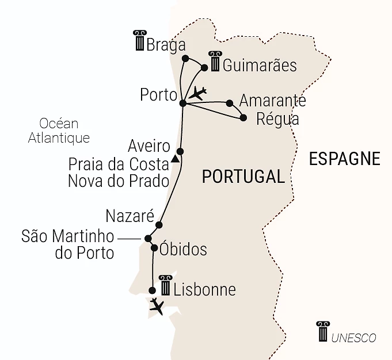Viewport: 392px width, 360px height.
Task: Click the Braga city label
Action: (x=166, y=45)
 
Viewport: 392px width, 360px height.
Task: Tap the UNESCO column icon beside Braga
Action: (x=139, y=41)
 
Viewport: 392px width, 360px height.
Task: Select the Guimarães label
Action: (x=260, y=65)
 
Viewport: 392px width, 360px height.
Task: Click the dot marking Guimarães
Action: (x=204, y=68)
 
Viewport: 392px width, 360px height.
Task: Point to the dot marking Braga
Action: (x=185, y=58)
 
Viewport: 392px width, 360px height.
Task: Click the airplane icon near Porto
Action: (x=198, y=93)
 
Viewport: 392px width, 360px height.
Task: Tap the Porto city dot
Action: (x=182, y=104)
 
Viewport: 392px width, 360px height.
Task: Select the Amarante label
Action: (x=272, y=101)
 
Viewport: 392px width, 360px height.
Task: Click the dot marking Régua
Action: (x=243, y=118)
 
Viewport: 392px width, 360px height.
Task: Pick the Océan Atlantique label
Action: (x=59, y=131)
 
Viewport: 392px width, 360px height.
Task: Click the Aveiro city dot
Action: (x=180, y=151)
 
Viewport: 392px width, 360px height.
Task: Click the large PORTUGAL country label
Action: (x=243, y=177)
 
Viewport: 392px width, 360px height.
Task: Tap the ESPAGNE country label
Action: (x=344, y=158)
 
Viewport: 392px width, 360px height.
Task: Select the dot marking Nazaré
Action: (x=159, y=225)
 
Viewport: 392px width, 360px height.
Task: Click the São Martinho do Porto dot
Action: (x=148, y=238)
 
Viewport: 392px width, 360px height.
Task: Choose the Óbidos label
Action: (x=184, y=250)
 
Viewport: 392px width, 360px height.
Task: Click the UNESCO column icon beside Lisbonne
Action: (x=165, y=285)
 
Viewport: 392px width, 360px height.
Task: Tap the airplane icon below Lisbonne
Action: (x=156, y=306)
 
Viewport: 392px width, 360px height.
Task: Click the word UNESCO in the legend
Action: (x=353, y=338)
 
